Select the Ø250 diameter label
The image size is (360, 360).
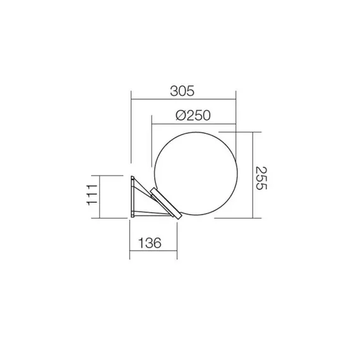pos(192,116)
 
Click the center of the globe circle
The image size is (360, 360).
pos(193,175)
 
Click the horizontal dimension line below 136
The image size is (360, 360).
pos(153,251)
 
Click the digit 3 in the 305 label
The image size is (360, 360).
pos(174,91)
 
